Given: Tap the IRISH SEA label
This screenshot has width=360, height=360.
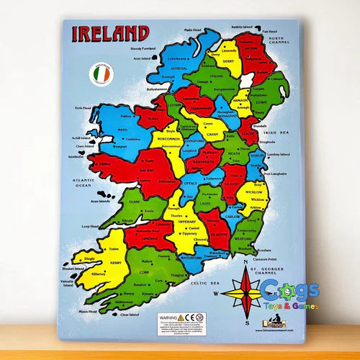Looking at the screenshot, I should point(275,132).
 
